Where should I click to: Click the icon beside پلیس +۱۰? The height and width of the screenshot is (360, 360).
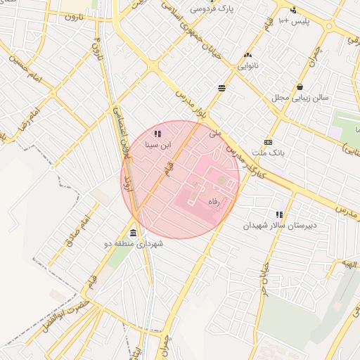click(293, 10)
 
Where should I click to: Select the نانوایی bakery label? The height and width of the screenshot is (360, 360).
click(246, 66)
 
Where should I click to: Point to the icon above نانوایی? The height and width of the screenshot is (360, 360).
click(247, 55)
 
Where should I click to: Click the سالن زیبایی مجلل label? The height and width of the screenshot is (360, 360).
click(300, 98)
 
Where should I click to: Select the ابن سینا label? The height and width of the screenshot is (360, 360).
click(157, 145)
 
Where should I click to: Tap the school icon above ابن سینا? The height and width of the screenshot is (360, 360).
click(157, 133)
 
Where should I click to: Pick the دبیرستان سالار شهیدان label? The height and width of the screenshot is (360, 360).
click(280, 226)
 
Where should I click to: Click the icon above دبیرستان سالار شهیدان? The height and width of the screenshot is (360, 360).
click(280, 214)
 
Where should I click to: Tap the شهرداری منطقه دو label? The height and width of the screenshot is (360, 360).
click(134, 244)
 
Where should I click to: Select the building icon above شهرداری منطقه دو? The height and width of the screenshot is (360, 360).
click(134, 233)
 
